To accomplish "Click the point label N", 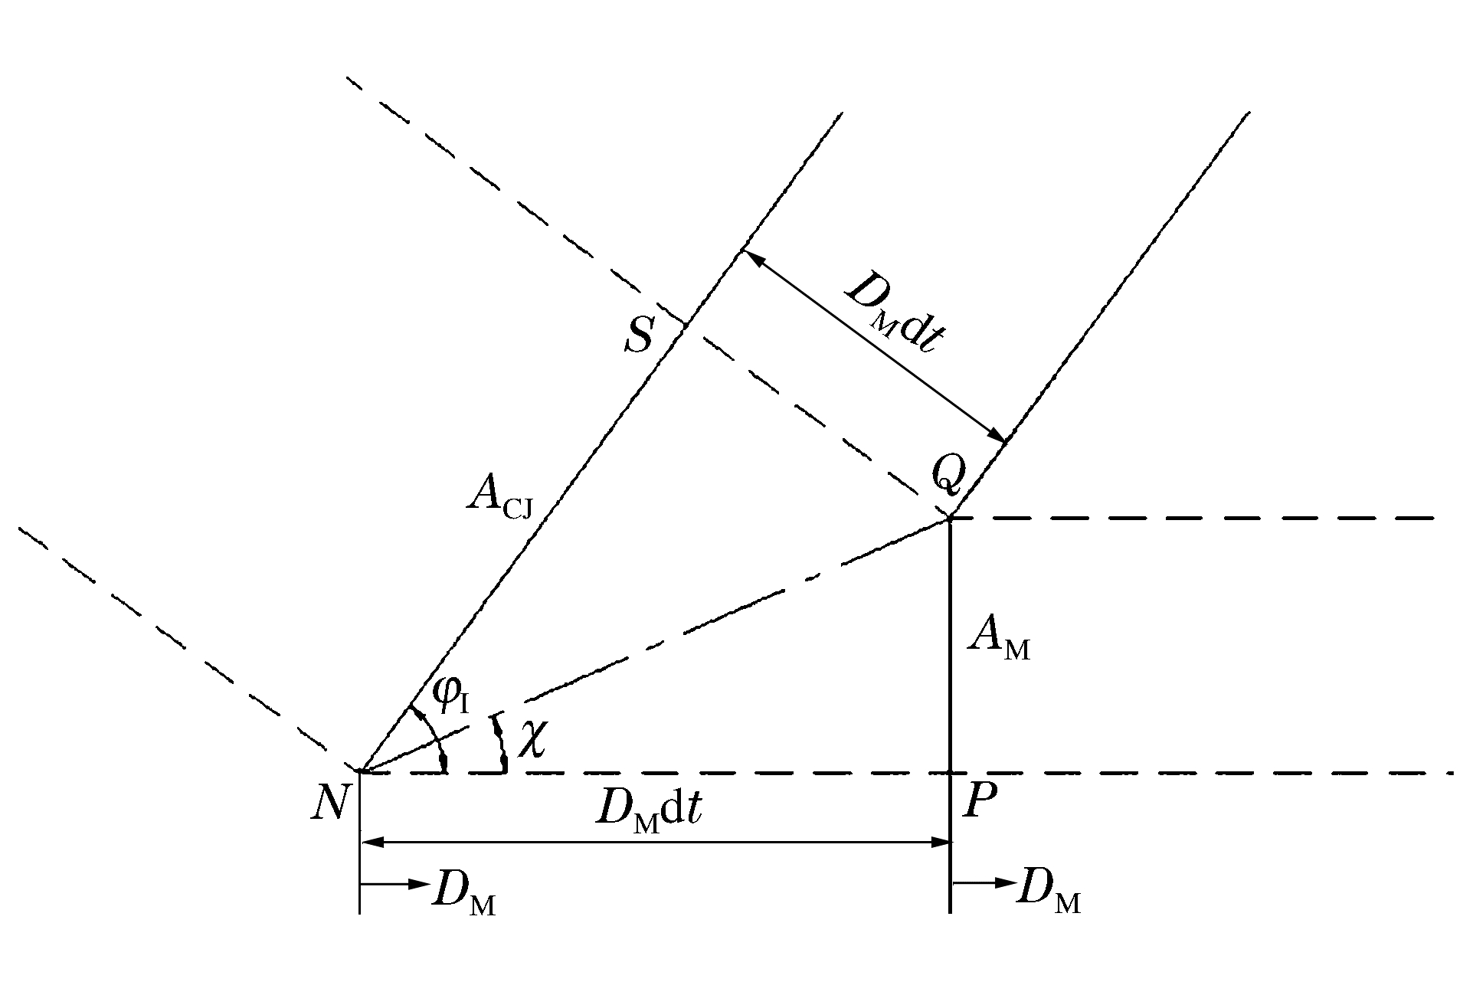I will point(330,804).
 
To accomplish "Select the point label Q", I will point(948,474).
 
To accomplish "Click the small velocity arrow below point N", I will point(394,883).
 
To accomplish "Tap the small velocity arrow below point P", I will point(984,882).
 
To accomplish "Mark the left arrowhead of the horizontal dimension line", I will point(372,843).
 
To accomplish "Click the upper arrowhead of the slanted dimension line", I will point(753,260).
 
